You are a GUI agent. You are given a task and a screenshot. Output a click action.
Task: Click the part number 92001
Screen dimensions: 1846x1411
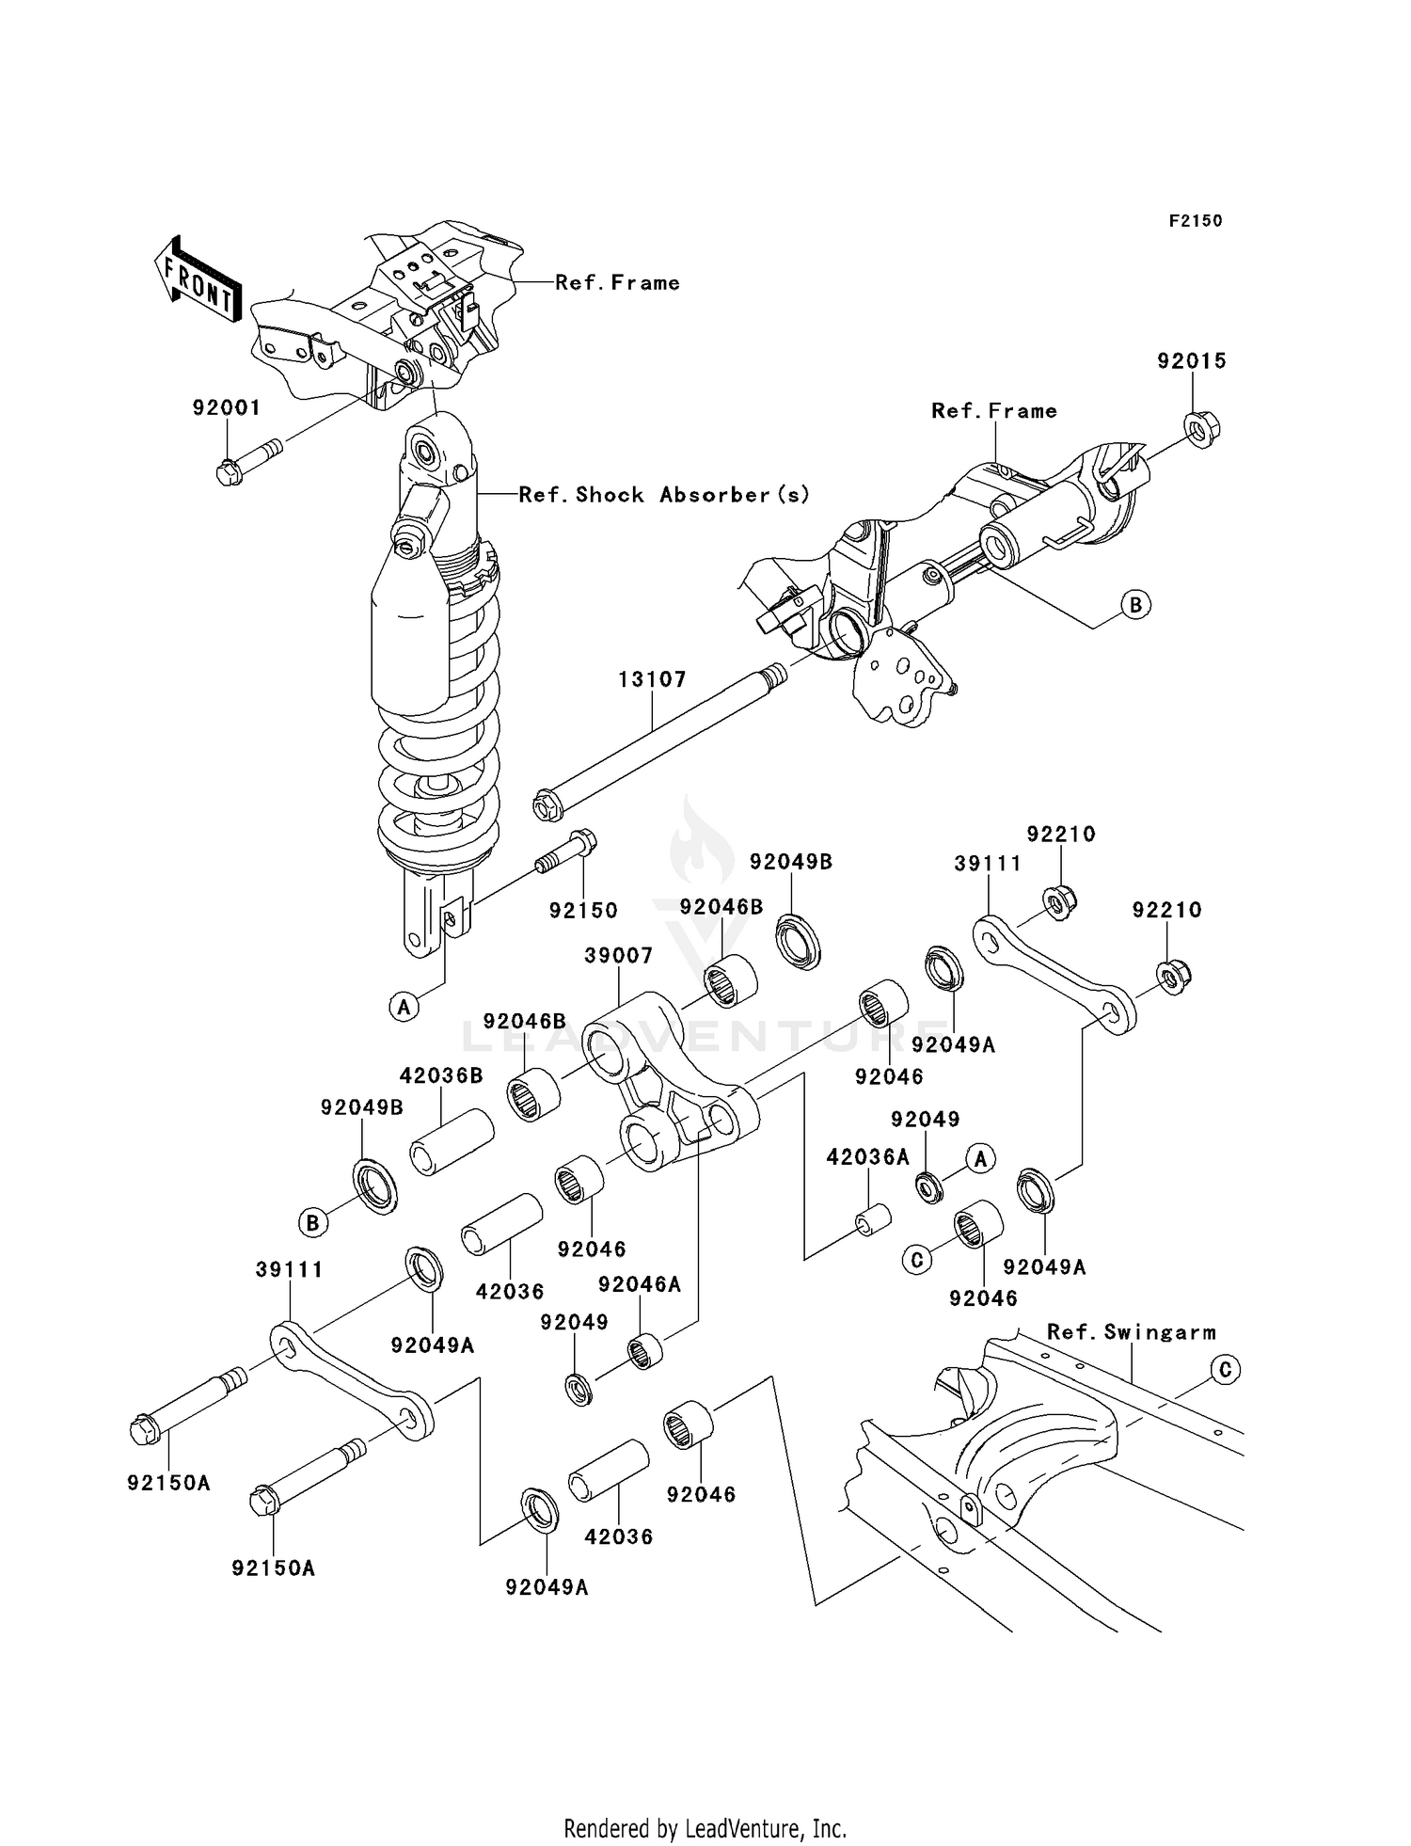pyautogui.click(x=226, y=407)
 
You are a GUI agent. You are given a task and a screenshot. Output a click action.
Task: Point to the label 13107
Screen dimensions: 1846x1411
pyautogui.click(x=652, y=679)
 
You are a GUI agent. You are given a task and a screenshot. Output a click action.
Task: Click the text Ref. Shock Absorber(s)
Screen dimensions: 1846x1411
pyautogui.click(x=664, y=495)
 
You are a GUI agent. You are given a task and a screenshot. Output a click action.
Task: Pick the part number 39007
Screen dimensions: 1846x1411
pyautogui.click(x=618, y=955)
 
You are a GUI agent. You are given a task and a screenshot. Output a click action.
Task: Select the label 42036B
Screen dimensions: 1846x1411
pyautogui.click(x=441, y=1075)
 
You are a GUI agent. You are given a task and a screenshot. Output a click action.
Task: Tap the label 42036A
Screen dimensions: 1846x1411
pyautogui.click(x=867, y=1157)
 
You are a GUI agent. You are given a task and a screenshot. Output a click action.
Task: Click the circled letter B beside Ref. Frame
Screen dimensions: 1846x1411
pyautogui.click(x=1135, y=604)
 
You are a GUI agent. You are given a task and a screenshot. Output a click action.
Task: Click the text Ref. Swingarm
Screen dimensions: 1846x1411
pyautogui.click(x=1132, y=1332)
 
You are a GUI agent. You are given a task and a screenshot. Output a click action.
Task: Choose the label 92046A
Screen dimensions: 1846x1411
pyautogui.click(x=640, y=1284)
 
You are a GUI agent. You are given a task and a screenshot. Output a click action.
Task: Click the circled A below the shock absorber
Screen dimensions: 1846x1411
pyautogui.click(x=404, y=1008)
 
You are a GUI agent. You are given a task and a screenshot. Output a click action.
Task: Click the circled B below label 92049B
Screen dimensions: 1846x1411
pyautogui.click(x=312, y=1223)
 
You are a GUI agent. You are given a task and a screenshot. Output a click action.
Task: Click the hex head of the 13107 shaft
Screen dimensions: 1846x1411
pyautogui.click(x=544, y=805)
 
